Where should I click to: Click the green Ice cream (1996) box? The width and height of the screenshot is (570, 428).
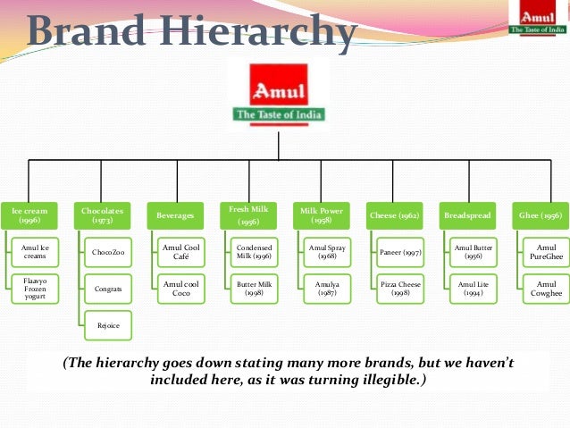coord(29,215)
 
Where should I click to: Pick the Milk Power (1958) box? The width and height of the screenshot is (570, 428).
coord(321,215)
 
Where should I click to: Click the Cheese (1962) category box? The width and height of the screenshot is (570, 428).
coord(394,215)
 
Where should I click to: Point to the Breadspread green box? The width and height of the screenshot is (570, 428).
coord(468,215)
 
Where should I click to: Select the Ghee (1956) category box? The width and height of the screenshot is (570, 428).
coord(541,215)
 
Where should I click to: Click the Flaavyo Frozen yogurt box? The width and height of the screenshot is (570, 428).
coord(35,289)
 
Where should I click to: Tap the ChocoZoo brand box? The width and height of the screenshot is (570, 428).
coord(108,253)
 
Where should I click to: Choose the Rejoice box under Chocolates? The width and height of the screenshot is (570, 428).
coord(108,325)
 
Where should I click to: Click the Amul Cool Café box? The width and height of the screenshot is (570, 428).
coord(180,253)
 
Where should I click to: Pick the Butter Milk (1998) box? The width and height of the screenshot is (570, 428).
coord(254,289)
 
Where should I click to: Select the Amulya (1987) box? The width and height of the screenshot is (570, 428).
coord(327,289)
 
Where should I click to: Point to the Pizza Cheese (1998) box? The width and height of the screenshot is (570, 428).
coord(400,289)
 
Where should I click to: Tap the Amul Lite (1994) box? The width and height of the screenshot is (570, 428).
coord(474,289)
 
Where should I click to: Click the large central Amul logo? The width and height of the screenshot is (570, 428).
coord(280,92)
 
